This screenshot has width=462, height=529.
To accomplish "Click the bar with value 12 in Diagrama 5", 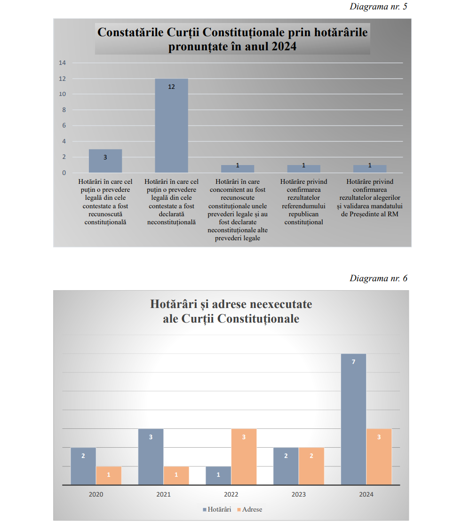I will pos(171,126).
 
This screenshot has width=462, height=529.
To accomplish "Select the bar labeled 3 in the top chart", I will pos(105,161).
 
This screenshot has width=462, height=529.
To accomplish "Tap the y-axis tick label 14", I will pos(62,63).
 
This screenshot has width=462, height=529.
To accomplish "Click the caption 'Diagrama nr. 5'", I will pos(378,7).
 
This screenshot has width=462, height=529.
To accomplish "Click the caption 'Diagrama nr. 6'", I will pos(378,278).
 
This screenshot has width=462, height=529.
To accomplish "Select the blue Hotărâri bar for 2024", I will pos(353,418).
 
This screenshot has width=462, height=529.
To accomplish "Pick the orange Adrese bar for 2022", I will pos(244,456).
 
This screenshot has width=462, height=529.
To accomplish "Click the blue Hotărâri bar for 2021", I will pos(151,456).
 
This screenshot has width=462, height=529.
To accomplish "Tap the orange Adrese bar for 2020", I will pos(109,475).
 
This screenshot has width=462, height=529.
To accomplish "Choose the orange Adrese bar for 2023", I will pos(311,466).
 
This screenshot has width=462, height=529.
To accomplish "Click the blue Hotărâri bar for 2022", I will pos(218,475).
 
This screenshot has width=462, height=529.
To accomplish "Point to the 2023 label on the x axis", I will pos(299,494).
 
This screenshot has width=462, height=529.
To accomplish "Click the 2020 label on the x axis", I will pos(96,494).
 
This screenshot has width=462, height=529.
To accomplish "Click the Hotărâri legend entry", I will pos(217,509).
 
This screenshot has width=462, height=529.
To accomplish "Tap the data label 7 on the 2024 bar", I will pos(353,362).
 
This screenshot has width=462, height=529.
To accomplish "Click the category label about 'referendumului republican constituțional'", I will pos(303,202).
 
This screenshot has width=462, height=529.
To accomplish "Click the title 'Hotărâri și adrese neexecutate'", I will pos(231,304).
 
